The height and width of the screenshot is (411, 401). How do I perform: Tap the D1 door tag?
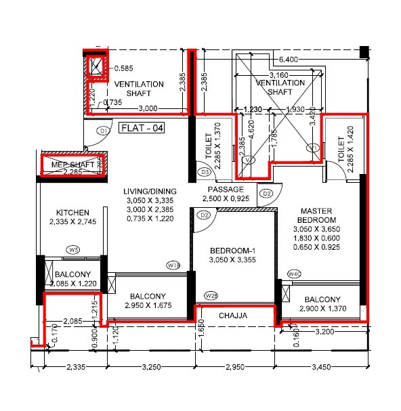pos(104,131)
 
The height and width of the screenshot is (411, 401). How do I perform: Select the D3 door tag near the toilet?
pos(205,173)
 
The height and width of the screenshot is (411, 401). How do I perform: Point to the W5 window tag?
pos(73,250)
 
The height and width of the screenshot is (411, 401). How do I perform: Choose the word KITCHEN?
pos(72,213)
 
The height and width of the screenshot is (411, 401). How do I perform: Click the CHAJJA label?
pos(232,316)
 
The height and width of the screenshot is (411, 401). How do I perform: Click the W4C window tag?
pos(294,274)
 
